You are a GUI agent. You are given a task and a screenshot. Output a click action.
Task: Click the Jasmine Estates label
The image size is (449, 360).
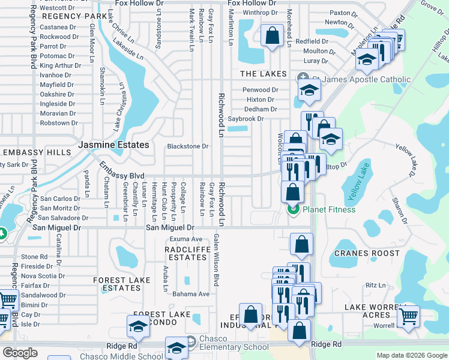[113, 145]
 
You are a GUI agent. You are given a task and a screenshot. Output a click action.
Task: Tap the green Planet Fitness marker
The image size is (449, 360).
[294, 209]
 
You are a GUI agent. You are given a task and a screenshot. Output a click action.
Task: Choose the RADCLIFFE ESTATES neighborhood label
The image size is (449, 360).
[187, 253]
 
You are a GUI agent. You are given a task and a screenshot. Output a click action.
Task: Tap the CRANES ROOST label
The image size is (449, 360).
[367, 253]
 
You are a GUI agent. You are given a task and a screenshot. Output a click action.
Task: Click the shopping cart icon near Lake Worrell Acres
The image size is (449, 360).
[409, 316]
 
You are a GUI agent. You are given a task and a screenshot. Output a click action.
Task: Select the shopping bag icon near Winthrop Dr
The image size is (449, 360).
[273, 35]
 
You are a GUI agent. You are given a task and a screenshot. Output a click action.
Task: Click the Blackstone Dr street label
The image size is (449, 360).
[187, 146]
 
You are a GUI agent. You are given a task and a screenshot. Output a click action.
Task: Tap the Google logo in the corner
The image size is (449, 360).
[20, 353]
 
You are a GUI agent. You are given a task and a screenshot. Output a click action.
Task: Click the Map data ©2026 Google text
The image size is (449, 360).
[412, 356]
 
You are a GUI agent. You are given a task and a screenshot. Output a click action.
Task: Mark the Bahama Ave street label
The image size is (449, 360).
[191, 294]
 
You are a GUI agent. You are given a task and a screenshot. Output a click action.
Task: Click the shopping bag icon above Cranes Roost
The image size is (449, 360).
[301, 244]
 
